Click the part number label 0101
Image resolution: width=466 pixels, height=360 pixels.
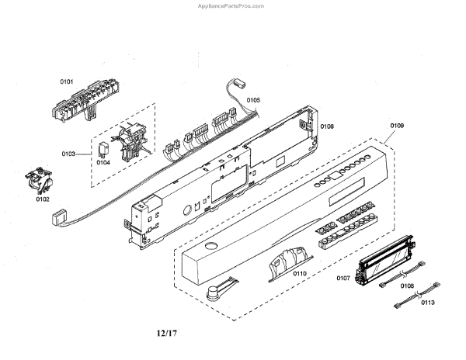tap(67, 81)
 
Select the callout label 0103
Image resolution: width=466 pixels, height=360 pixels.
tap(68, 154)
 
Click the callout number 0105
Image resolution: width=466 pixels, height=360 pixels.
tap(254, 100)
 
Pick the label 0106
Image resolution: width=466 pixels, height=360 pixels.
tap(327, 126)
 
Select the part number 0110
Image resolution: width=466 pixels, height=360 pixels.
tap(297, 273)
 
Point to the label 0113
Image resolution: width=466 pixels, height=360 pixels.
tap(427, 304)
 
